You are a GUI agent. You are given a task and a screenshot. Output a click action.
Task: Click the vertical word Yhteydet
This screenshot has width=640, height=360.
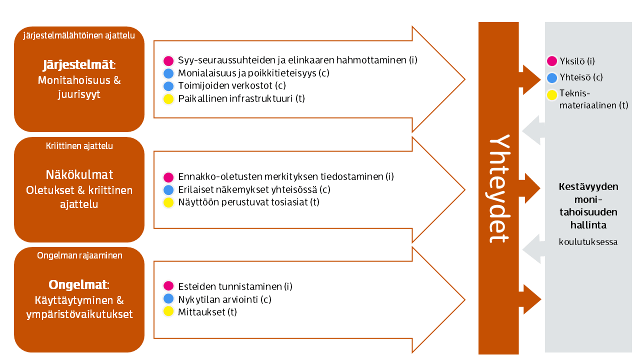pos(498,188)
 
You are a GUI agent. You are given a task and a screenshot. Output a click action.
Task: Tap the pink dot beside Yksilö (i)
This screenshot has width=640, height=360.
pos(552,61)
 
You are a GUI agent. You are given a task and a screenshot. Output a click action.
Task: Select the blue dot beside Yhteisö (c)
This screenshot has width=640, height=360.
pos(552,77)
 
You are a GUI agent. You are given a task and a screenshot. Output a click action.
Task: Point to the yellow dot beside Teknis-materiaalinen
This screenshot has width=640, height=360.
pos(552,94)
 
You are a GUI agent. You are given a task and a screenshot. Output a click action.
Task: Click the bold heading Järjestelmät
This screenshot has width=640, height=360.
pos(78,65)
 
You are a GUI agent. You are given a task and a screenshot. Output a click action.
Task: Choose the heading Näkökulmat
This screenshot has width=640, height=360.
pos(79,174)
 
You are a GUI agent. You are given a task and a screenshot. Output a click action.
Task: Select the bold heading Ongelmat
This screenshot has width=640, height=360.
pos(77,285)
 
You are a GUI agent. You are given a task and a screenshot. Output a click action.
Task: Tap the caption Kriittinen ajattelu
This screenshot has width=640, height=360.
pos(79,146)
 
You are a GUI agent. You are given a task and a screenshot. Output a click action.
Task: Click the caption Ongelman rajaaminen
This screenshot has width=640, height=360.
pos(79,255)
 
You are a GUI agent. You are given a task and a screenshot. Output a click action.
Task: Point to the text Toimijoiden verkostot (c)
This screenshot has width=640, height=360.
pos(232,85)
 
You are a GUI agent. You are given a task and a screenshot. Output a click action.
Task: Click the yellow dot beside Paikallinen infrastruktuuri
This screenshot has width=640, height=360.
pos(168,98)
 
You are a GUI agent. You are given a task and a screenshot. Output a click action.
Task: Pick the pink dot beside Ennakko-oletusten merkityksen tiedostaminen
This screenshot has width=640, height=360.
pos(168,177)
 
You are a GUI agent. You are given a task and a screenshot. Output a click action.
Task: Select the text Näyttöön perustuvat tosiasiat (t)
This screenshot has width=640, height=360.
pos(248,202)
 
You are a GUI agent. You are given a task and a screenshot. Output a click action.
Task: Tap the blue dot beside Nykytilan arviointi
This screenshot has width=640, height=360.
pos(168,299)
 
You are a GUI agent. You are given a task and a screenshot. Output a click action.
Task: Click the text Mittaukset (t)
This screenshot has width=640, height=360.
pos(207,312)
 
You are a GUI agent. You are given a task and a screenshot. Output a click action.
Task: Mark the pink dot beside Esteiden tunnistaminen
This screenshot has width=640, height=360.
pos(168,286)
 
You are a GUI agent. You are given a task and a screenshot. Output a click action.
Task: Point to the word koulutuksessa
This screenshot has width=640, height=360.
pos(588,242)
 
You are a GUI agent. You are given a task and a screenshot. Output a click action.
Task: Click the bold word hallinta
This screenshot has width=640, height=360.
pos(588,224)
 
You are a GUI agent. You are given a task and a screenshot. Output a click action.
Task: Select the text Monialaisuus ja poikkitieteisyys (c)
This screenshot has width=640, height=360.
pos(253,73)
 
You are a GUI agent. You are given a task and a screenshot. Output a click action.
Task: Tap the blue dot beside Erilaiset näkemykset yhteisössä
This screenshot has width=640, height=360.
pos(168,189)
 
